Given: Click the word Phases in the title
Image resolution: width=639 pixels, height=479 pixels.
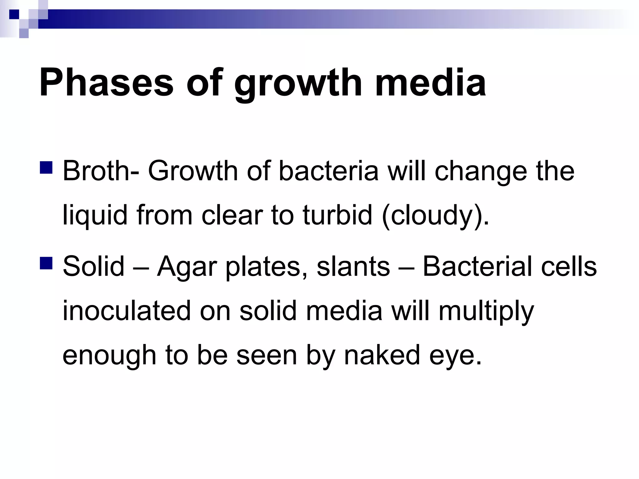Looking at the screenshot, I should [106, 83].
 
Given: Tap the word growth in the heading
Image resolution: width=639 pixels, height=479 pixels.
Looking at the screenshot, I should [298, 84].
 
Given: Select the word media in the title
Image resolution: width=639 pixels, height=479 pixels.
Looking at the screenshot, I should [430, 83].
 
